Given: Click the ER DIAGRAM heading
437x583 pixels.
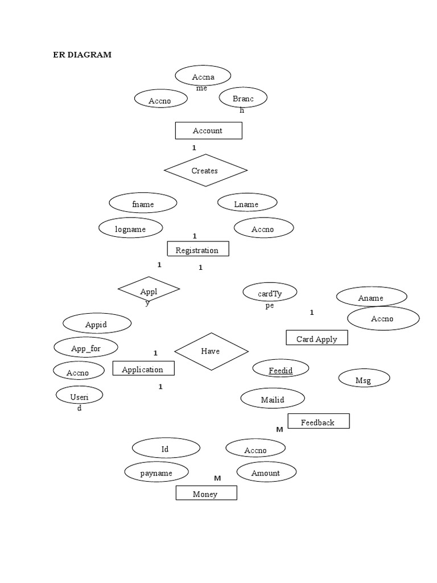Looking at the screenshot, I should pyautogui.click(x=82, y=55).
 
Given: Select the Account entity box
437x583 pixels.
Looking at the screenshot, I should pyautogui.click(x=208, y=130).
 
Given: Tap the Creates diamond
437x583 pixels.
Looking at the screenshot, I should pyautogui.click(x=205, y=170).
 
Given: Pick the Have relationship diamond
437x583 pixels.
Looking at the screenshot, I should pyautogui.click(x=211, y=351).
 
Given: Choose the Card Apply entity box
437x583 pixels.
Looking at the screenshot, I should pyautogui.click(x=316, y=338).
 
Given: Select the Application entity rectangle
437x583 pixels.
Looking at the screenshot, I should pyautogui.click(x=143, y=369).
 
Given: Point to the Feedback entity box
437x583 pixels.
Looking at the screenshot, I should pyautogui.click(x=318, y=421).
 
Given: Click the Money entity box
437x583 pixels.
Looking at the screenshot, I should pyautogui.click(x=206, y=493).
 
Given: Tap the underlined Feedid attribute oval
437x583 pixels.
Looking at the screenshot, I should pyautogui.click(x=281, y=369).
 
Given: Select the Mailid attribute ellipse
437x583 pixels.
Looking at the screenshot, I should pyautogui.click(x=273, y=399).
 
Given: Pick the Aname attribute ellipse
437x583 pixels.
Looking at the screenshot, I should pyautogui.click(x=371, y=297).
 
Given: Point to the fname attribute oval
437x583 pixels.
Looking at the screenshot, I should pyautogui.click(x=143, y=203).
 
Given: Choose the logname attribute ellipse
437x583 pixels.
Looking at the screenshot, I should pyautogui.click(x=131, y=228).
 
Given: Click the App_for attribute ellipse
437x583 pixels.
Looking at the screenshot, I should pyautogui.click(x=86, y=347).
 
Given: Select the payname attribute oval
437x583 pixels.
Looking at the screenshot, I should pyautogui.click(x=156, y=472).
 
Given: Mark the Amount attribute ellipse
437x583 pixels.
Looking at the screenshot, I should pyautogui.click(x=266, y=472).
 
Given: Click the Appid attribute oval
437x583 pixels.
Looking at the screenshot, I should pyautogui.click(x=97, y=324).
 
